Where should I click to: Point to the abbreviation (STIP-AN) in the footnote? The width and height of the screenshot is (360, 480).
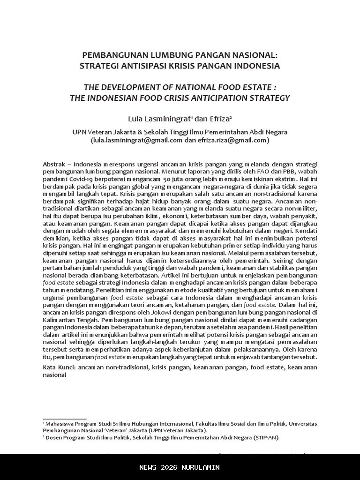click(x=266, y=437)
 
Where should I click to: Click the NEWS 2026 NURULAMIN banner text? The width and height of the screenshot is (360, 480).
click(x=180, y=467)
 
